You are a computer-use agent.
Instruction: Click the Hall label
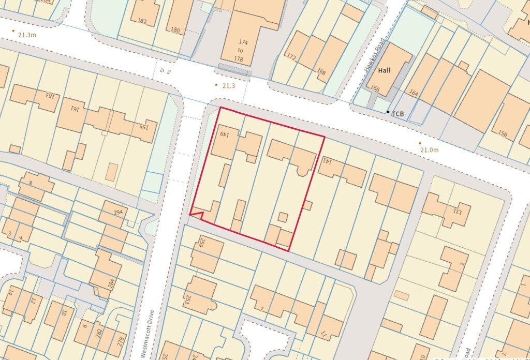pyautogui.click(x=384, y=70)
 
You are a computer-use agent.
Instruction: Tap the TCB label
pyautogui.click(x=398, y=113)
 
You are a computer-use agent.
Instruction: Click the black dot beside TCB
pyautogui.click(x=388, y=112)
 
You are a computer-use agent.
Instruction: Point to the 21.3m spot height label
pyautogui.click(x=27, y=35)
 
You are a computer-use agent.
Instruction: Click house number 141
pyautogui.click(x=327, y=161)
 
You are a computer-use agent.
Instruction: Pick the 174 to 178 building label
pyautogui.click(x=240, y=50)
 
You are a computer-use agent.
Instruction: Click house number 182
pyautogui.click(x=142, y=21)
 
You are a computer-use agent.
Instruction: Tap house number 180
pyautogui.click(x=175, y=30)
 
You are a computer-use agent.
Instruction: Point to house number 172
pyautogui.click(x=291, y=57)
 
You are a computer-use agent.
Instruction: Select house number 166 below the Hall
pyautogui.click(x=375, y=89)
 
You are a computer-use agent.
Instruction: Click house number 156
pyautogui.click(x=503, y=133)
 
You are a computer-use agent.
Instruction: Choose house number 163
pyautogui.click(x=50, y=96)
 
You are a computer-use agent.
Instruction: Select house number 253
pyautogui.click(x=187, y=298)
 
